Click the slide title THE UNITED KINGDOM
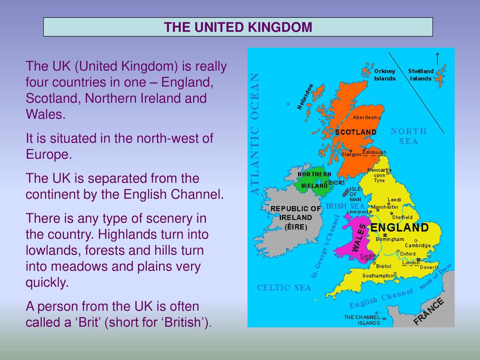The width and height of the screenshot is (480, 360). point(238,27)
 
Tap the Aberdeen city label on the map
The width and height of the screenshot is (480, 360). point(365,117)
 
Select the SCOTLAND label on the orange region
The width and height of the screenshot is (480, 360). point(356,132)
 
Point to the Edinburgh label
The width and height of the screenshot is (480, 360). point(375,152)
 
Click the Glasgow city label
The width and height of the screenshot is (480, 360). point(351,155)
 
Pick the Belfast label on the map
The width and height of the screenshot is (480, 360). point(337,182)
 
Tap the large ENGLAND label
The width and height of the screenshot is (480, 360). point(399,227)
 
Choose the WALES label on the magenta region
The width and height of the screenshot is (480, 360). point(359,238)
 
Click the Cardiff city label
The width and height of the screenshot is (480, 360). point(367,256)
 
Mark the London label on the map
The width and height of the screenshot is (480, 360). point(411,262)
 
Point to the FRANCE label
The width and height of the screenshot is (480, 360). point(428,312)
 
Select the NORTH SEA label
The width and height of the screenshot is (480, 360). point(409,136)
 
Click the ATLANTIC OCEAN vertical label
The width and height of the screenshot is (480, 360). point(255,134)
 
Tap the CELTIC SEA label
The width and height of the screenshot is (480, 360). point(284,288)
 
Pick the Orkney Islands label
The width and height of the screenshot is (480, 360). point(385,75)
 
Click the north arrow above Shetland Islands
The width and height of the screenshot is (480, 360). point(437,59)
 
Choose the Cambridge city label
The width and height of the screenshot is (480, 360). point(418,246)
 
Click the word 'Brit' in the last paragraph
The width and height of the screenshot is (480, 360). point(88,322)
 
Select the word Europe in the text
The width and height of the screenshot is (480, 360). point(49,154)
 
